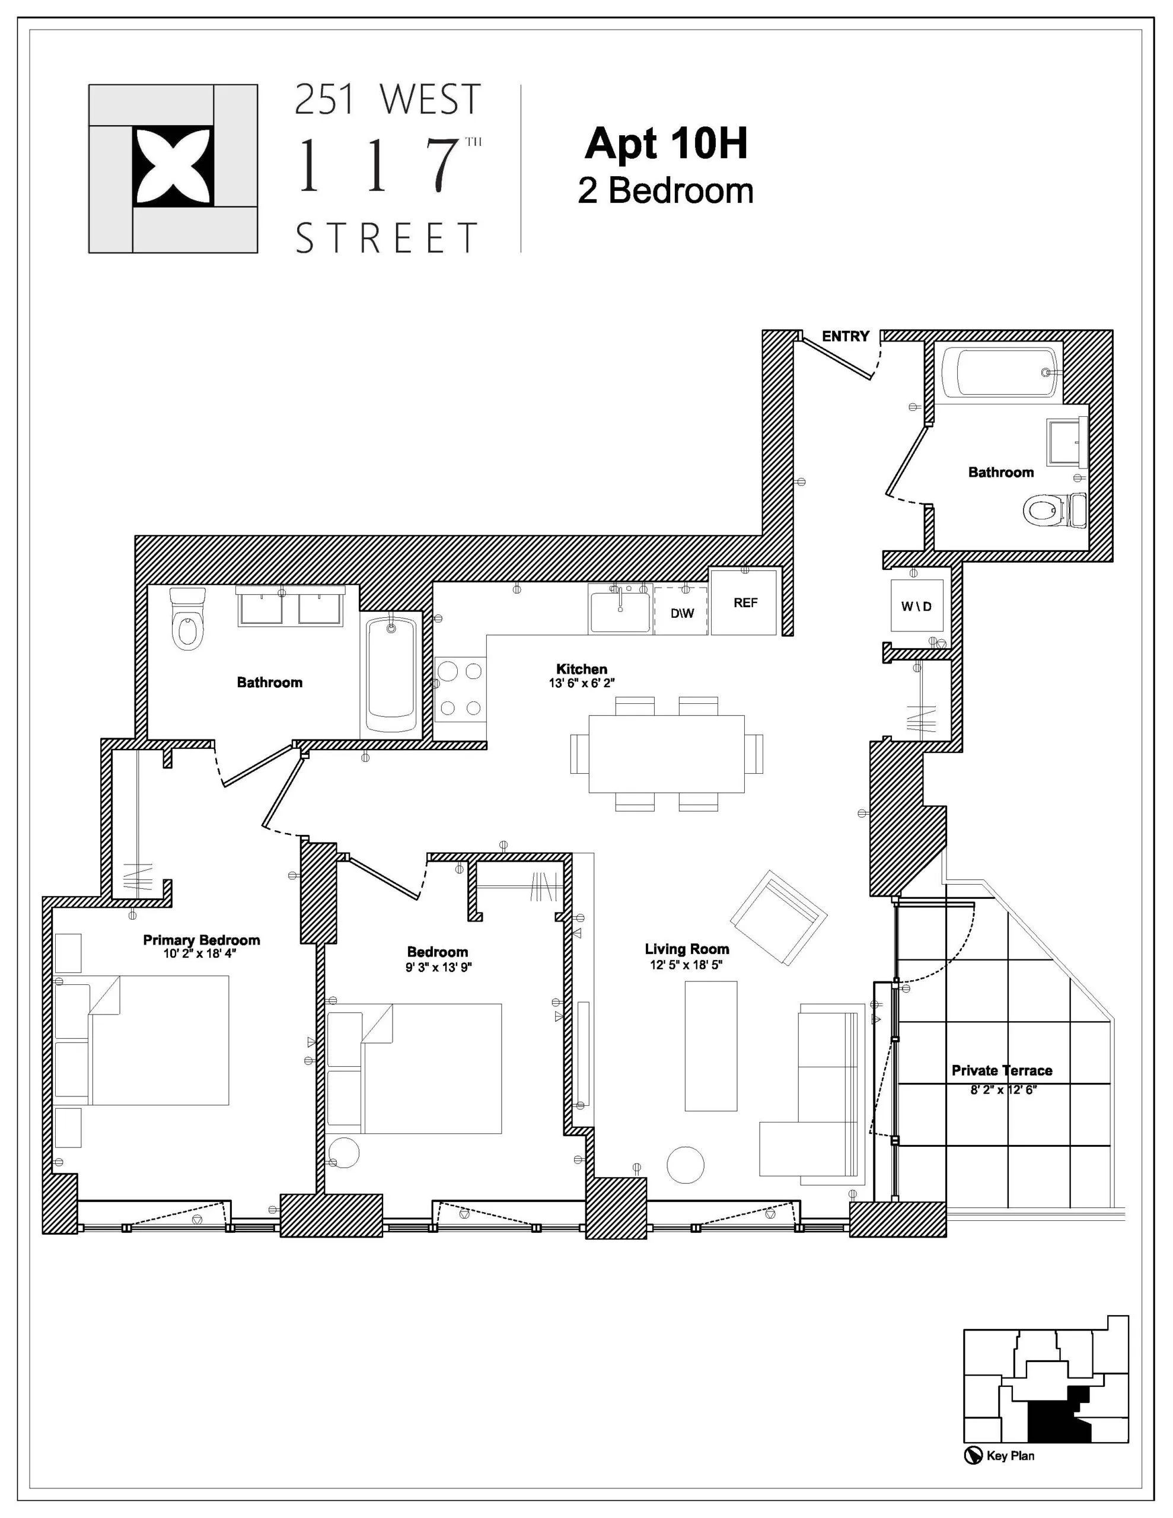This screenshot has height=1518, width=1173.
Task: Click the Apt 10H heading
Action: click(x=665, y=144)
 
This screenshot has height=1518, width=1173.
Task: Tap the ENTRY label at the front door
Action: click(x=845, y=336)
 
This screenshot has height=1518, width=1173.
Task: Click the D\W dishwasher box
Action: click(x=681, y=613)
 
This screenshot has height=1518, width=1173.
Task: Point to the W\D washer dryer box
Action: click(x=916, y=605)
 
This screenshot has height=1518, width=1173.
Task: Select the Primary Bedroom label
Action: click(x=201, y=940)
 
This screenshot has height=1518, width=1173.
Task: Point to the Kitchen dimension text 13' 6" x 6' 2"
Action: click(x=581, y=683)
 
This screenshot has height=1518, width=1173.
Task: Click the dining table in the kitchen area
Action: click(x=665, y=754)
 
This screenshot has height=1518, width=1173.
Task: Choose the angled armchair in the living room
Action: click(x=778, y=917)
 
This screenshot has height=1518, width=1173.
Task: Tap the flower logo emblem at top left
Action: click(x=173, y=167)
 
